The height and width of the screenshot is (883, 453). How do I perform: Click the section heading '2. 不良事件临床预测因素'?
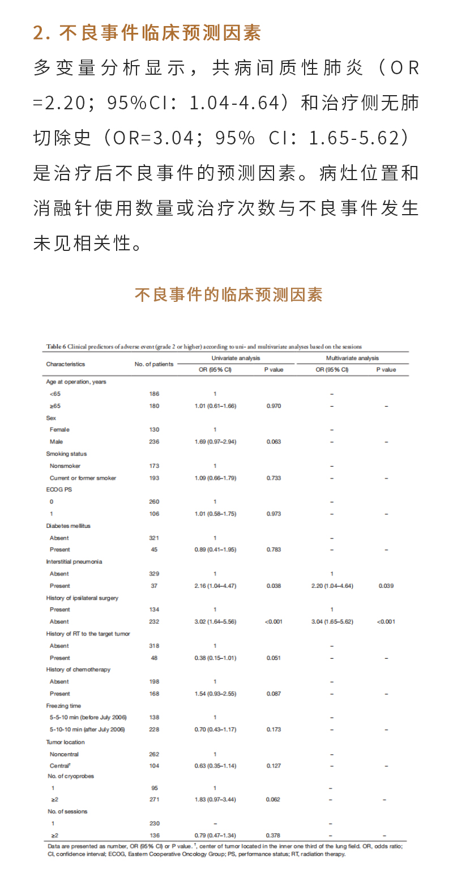[x=147, y=33]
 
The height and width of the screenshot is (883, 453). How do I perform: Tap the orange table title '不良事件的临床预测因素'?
[x=228, y=295]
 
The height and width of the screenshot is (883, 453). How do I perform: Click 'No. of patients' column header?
[x=154, y=364]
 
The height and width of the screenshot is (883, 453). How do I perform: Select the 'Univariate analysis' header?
[x=236, y=358]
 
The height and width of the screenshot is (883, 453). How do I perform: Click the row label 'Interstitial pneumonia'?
[x=74, y=562]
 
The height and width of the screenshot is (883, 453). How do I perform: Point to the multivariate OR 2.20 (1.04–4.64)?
[x=332, y=586]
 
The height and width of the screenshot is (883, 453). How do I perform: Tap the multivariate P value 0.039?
[x=386, y=586]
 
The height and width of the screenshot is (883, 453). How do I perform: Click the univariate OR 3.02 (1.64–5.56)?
[x=215, y=621]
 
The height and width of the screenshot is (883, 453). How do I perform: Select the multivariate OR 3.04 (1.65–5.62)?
[x=332, y=621]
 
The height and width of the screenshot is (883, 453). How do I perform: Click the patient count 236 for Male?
[x=154, y=442]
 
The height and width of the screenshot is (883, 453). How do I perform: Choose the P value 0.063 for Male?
[x=273, y=442]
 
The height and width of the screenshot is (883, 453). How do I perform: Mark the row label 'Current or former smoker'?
[x=83, y=478]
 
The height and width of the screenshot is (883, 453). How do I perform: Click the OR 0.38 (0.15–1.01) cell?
[x=215, y=658]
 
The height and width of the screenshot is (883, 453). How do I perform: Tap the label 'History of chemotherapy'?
[x=78, y=669]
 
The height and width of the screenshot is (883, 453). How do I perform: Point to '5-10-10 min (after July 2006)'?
[x=87, y=730]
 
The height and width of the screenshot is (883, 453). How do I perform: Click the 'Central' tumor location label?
[x=60, y=766]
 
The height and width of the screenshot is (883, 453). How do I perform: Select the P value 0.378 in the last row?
[x=273, y=835]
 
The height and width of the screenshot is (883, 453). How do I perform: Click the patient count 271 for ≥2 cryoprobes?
[x=154, y=799]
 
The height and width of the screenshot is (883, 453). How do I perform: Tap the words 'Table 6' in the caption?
[x=57, y=346]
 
